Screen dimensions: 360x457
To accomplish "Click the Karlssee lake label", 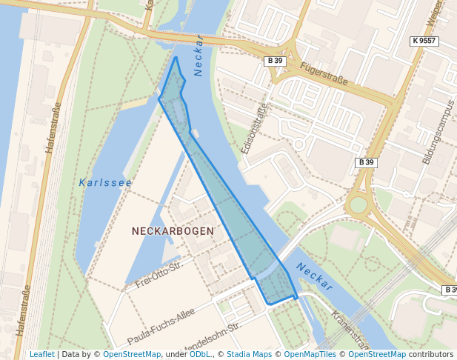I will pyautogui.click(x=105, y=182).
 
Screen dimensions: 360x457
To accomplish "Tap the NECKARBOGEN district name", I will pyautogui.click(x=173, y=231).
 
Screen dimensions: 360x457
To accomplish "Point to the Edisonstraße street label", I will pyautogui.click(x=253, y=128).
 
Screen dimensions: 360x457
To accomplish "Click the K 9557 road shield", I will pyautogui.click(x=424, y=41).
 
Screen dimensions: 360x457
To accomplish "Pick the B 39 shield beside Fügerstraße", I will pyautogui.click(x=276, y=61).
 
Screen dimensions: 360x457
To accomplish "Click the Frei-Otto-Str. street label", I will pyautogui.click(x=159, y=275).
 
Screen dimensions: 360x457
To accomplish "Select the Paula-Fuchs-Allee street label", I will pyautogui.click(x=161, y=326).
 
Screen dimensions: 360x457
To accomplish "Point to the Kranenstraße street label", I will pyautogui.click(x=349, y=330).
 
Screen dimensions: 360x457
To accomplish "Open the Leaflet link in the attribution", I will pyautogui.click(x=41, y=355).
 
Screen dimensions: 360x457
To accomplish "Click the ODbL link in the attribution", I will pyautogui.click(x=200, y=355).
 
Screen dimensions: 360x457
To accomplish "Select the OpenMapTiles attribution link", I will pyautogui.click(x=307, y=355).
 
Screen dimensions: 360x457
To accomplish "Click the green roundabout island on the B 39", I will pyautogui.click(x=358, y=204).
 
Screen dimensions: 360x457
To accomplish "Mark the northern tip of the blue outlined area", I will pyautogui.click(x=176, y=57).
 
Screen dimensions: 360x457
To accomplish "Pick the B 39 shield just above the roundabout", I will pyautogui.click(x=367, y=162).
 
